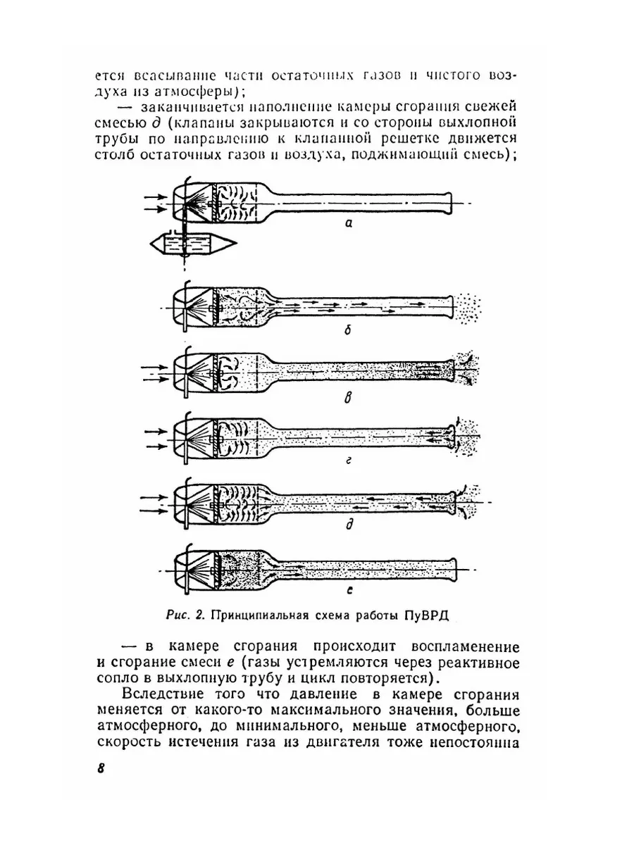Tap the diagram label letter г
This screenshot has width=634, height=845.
[347, 461]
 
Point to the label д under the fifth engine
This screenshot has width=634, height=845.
[347, 525]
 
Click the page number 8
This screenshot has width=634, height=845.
[100, 766]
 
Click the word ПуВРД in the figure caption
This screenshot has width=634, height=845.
[425, 614]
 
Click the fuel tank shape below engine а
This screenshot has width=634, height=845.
[192, 244]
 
